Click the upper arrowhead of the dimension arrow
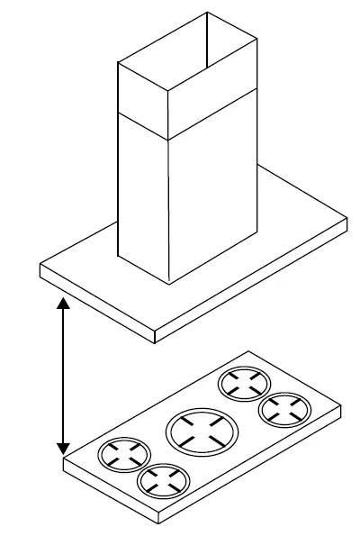63,304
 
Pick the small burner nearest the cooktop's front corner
159,479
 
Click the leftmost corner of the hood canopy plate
41,268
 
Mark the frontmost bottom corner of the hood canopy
157,342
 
